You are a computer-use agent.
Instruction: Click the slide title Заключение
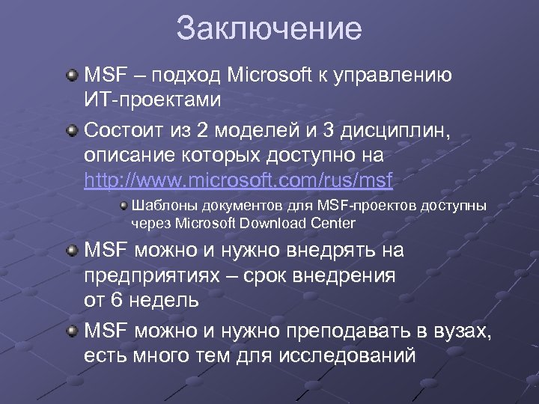269,29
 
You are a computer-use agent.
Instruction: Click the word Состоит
121,132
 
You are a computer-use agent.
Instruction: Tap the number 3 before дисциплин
331,132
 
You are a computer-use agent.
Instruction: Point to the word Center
335,223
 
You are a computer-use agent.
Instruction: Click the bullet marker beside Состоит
71,132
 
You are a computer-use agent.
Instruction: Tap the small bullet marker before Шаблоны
123,205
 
